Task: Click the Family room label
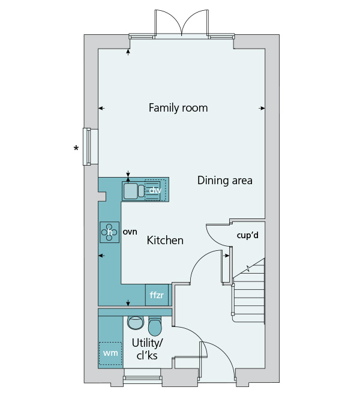178,108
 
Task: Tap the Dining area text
225,181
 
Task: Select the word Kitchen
165,240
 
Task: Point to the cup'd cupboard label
248,235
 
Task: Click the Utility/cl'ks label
147,349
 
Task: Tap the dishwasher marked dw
155,190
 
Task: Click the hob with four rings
110,232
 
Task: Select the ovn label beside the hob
130,232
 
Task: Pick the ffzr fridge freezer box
157,295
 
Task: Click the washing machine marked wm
110,353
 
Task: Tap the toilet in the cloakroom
154,326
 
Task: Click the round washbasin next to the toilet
136,323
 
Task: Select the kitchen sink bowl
130,191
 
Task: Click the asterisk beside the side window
76,148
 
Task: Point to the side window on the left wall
87,147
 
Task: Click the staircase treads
250,293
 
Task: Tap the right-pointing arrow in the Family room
262,109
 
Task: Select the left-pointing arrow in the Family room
101,109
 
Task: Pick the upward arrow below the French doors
128,52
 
